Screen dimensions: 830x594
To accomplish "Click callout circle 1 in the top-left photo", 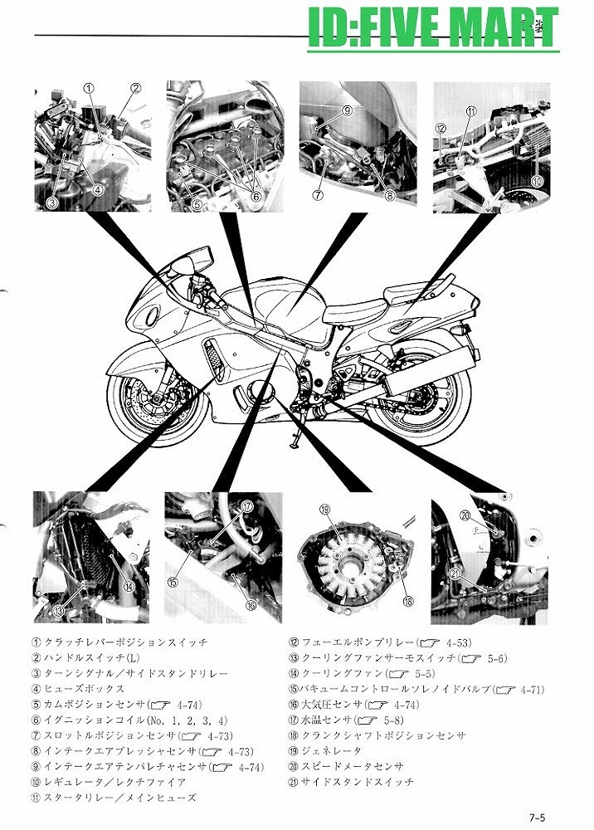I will [89, 87].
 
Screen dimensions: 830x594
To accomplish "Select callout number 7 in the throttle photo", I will [317, 196].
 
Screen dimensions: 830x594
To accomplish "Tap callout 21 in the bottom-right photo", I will [455, 574].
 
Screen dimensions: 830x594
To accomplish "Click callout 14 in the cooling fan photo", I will [129, 586].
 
